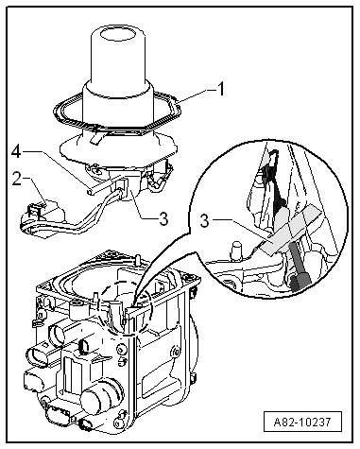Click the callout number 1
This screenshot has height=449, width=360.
pos(221,89)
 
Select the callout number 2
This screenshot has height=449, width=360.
pos(17,178)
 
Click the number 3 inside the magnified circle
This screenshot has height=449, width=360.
pos(205,221)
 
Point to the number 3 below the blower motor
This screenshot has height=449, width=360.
pos(163,218)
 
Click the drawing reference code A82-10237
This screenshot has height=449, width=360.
pos(302,422)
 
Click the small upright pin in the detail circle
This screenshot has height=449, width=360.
pos(236,250)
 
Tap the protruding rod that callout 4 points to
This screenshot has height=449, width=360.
pos(102,186)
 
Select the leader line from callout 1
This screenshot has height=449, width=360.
pos(195,95)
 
